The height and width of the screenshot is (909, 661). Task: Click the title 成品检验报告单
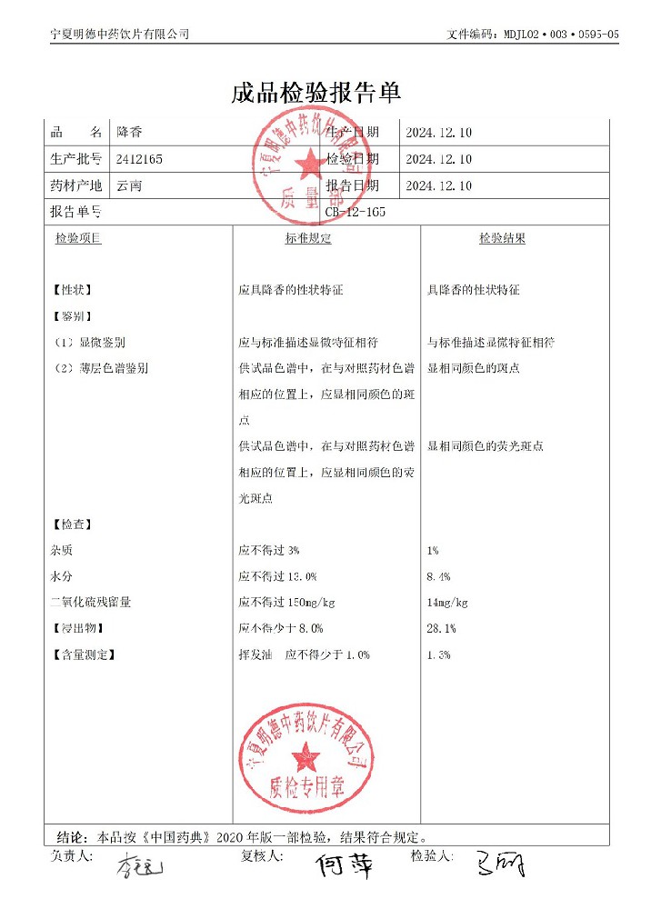316,93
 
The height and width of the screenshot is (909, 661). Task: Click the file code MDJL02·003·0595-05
559,34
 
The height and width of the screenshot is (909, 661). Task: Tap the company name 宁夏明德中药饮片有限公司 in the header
120,34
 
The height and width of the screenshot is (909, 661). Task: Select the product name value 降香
130,133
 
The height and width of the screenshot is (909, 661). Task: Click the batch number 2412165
140,159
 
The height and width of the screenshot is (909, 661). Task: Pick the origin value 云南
130,185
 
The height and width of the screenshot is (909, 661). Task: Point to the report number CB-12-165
356,212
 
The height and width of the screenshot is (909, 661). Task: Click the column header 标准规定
308,238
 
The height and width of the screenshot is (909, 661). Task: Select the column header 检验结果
502,238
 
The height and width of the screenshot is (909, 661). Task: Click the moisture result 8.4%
438,576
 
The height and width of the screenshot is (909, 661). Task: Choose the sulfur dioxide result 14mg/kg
447,602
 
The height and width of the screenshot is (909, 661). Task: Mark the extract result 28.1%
441,628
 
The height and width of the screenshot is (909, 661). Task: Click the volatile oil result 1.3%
438,654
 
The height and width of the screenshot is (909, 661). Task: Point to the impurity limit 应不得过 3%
269,551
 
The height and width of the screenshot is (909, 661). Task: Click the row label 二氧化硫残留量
91,602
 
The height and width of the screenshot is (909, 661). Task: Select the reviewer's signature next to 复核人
344,866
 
